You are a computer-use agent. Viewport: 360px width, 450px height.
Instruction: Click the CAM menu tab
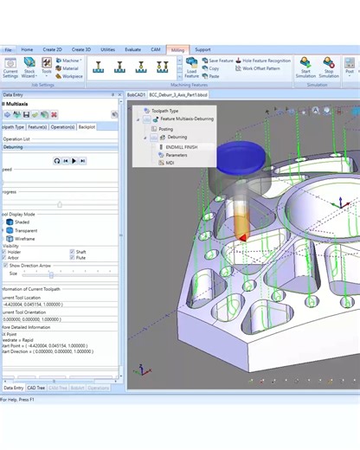(156, 50)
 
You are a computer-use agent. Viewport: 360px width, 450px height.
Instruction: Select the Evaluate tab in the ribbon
(133, 50)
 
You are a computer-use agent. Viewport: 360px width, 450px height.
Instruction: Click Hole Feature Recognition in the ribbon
(267, 61)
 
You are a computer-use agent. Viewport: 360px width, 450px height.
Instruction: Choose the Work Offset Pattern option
(260, 68)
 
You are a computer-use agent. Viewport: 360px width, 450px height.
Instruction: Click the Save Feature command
(221, 61)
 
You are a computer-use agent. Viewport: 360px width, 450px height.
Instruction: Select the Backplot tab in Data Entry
(87, 126)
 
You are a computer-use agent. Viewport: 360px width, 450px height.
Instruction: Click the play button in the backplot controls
(74, 161)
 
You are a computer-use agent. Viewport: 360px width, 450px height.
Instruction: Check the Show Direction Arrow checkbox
(6, 265)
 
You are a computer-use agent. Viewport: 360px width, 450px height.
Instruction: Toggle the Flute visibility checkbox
(71, 257)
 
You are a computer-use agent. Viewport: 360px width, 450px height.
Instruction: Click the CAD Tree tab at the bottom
(36, 388)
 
